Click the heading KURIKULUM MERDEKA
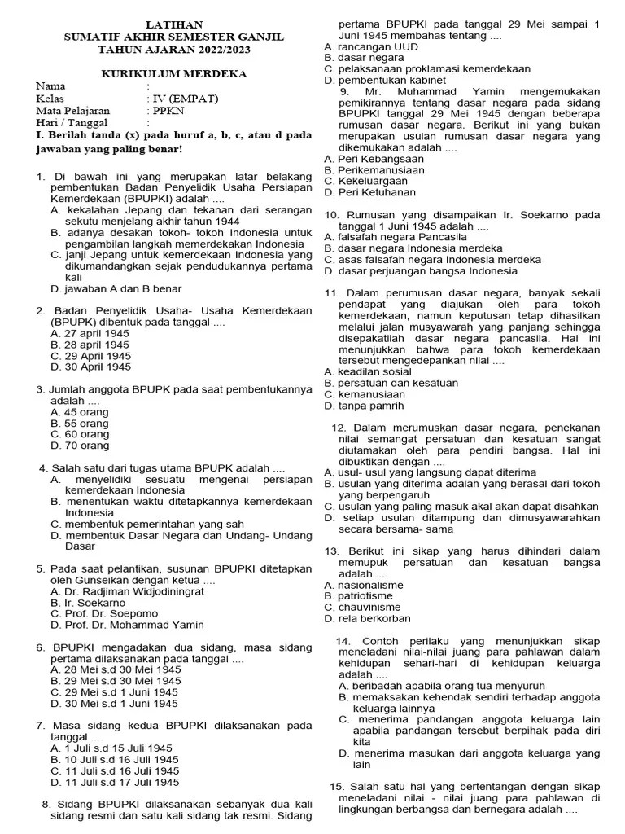174,73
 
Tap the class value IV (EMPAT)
178,98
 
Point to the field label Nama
50,86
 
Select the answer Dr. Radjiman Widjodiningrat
130,591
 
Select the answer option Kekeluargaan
365,181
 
